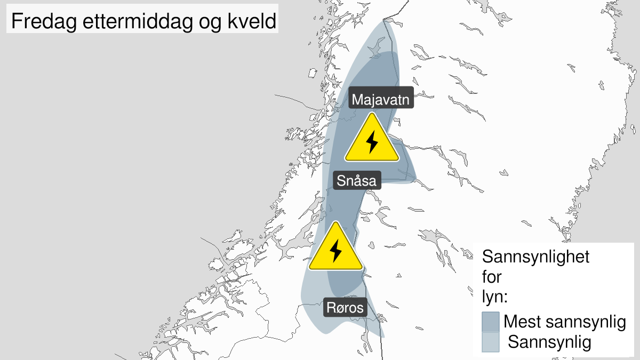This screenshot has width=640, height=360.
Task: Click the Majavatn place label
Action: (x=381, y=99)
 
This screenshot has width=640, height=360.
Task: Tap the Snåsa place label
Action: (x=356, y=180)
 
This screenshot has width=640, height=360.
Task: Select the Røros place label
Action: (x=345, y=308)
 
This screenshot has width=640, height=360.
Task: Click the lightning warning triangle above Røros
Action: (x=335, y=249)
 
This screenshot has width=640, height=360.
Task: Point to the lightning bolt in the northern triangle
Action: (x=372, y=142)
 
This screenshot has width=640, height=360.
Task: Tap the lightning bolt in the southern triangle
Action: (x=335, y=251)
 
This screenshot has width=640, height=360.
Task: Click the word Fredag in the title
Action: (x=39, y=22)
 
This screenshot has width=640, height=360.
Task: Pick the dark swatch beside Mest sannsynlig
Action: (x=490, y=322)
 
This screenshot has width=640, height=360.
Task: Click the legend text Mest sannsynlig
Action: (x=564, y=322)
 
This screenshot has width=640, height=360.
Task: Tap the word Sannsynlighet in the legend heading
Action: (x=535, y=257)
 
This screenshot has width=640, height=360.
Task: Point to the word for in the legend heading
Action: (x=492, y=277)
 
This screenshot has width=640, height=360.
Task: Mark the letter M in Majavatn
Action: (x=357, y=99)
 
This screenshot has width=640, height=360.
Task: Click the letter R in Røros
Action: (x=331, y=308)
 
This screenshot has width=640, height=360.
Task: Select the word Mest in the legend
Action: (x=522, y=322)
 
